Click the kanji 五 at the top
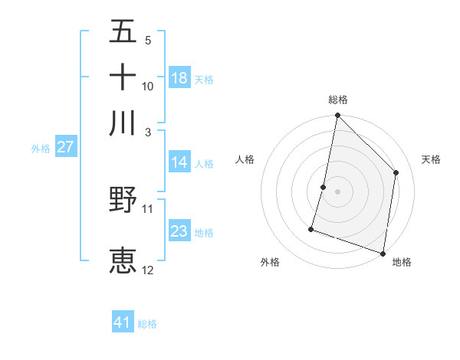click(123, 31)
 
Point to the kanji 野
click(123, 200)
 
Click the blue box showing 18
click(179, 77)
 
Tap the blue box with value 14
click(179, 162)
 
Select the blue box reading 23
click(179, 231)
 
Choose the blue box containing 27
click(65, 147)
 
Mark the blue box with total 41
click(123, 322)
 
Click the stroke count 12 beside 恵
click(148, 270)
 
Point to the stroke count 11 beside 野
click(148, 208)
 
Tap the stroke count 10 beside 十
click(148, 87)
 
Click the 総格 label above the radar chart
click(338, 100)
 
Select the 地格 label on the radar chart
click(402, 263)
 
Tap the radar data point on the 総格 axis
click(337, 116)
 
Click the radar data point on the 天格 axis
click(396, 172)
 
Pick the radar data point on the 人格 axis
click(324, 187)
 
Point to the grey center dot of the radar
click(337, 191)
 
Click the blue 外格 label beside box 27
click(40, 149)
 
